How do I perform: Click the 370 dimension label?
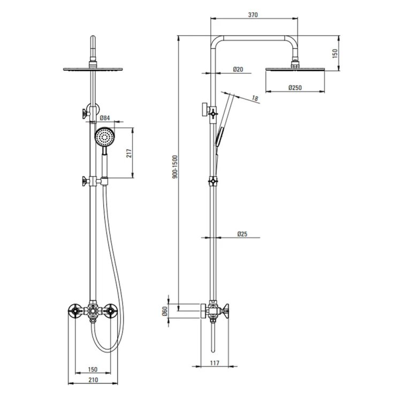tap(253, 15)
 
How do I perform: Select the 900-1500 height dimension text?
tap(175, 167)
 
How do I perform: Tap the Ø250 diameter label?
tap(295, 88)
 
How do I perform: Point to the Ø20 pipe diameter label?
tap(238, 69)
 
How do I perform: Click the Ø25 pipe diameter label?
tap(242, 234)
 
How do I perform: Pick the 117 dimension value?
tap(215, 363)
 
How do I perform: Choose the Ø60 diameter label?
tap(165, 311)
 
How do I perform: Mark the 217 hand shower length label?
tap(129, 153)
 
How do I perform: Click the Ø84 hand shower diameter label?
tap(105, 118)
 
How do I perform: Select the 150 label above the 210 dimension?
tap(93, 369)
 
